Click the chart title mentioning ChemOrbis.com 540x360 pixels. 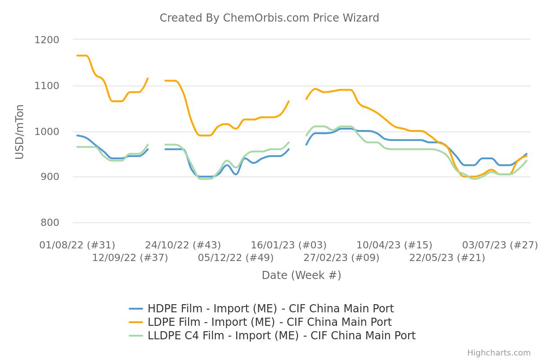269,18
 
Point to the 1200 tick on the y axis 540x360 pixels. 47,40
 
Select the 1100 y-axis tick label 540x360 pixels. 47,85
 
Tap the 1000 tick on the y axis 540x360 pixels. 47,131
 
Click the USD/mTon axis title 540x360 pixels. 20,131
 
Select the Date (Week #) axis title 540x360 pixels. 301,275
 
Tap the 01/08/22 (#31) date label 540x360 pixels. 77,245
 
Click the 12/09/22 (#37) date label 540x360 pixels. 130,258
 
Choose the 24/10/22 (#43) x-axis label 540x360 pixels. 183,245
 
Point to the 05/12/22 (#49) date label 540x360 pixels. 236,258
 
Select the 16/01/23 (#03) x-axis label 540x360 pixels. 288,245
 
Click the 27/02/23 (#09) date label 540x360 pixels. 341,258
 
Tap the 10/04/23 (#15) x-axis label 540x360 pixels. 394,245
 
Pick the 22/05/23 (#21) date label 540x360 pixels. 447,258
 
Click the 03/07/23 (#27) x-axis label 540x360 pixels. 499,245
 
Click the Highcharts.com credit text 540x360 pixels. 499,353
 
